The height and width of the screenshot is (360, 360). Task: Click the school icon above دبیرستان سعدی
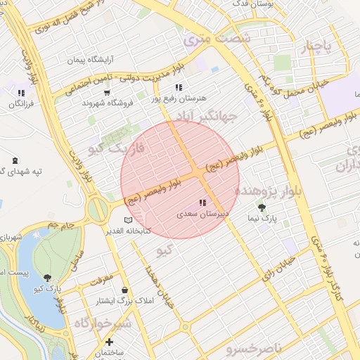[202, 202]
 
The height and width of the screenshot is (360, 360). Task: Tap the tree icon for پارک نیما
[262, 207]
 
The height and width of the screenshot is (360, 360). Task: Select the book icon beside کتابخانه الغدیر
[127, 220]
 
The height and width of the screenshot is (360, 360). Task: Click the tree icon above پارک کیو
[47, 278]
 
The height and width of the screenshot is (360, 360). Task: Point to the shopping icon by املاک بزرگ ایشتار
[125, 290]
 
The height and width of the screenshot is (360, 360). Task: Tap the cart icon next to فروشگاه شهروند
[107, 91]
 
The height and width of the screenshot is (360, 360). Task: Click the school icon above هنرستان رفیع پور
[179, 88]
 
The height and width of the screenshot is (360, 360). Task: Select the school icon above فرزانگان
[21, 92]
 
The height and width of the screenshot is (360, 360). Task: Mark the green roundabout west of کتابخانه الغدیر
[98, 209]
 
